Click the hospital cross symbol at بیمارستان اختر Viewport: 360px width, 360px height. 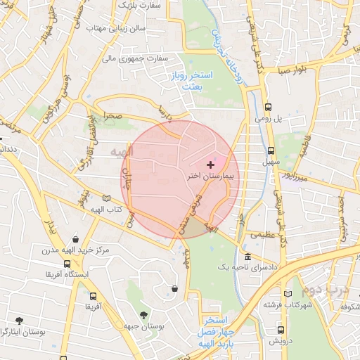[210, 164]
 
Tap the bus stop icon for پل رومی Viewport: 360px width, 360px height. [268, 108]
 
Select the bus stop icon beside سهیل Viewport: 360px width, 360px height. [271, 150]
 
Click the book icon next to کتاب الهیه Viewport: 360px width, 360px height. [106, 198]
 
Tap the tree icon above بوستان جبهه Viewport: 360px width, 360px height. [144, 314]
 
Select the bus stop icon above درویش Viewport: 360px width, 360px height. [281, 329]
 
